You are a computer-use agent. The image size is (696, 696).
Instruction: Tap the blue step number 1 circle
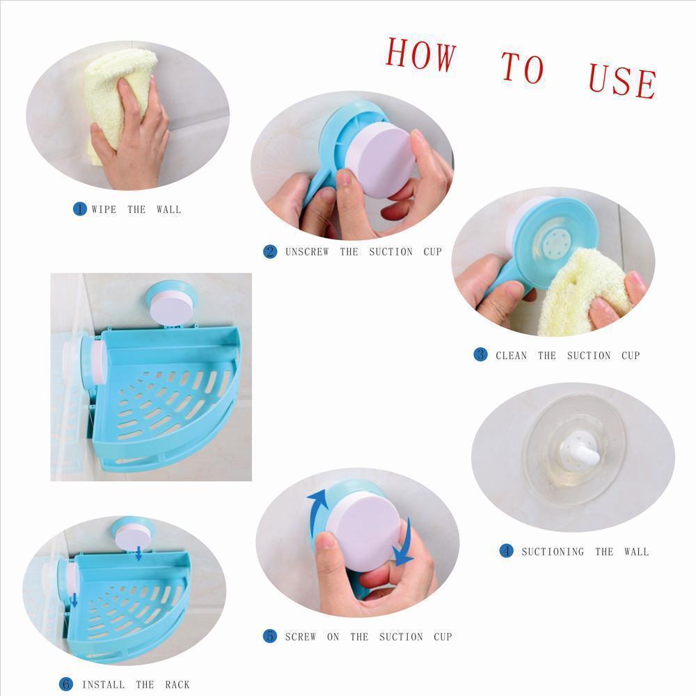[x=80, y=209]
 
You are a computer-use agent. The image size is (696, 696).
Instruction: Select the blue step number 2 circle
[x=270, y=252]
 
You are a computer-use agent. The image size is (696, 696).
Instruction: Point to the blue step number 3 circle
[x=480, y=355]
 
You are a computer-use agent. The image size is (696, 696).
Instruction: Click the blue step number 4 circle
[x=506, y=551]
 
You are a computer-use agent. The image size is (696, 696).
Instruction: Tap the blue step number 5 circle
[x=270, y=636]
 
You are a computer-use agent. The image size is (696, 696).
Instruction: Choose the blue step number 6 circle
[x=66, y=684]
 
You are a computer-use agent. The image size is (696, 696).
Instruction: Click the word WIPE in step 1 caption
[x=104, y=209]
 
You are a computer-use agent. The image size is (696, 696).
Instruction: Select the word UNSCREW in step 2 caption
[x=307, y=252]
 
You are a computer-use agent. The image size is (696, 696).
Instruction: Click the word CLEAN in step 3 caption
[x=512, y=356]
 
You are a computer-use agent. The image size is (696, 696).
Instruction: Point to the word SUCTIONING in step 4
[x=553, y=552]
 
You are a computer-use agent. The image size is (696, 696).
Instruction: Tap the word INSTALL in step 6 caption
[x=104, y=685]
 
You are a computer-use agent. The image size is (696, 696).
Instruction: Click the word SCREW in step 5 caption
[x=300, y=637]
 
